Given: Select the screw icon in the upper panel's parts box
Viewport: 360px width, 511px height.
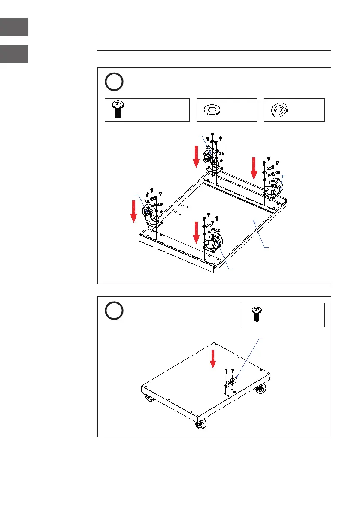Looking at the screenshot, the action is (117, 109).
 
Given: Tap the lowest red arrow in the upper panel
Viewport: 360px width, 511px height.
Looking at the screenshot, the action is (196, 232).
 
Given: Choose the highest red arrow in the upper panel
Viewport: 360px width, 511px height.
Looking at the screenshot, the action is (196, 156).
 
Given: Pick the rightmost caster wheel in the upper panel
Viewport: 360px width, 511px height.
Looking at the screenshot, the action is (275, 187).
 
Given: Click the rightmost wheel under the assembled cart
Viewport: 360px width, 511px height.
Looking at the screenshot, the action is (260, 389).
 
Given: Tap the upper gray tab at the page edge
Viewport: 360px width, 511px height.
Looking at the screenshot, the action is (14, 27).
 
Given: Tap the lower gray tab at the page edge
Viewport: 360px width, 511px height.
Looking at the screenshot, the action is (14, 54).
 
